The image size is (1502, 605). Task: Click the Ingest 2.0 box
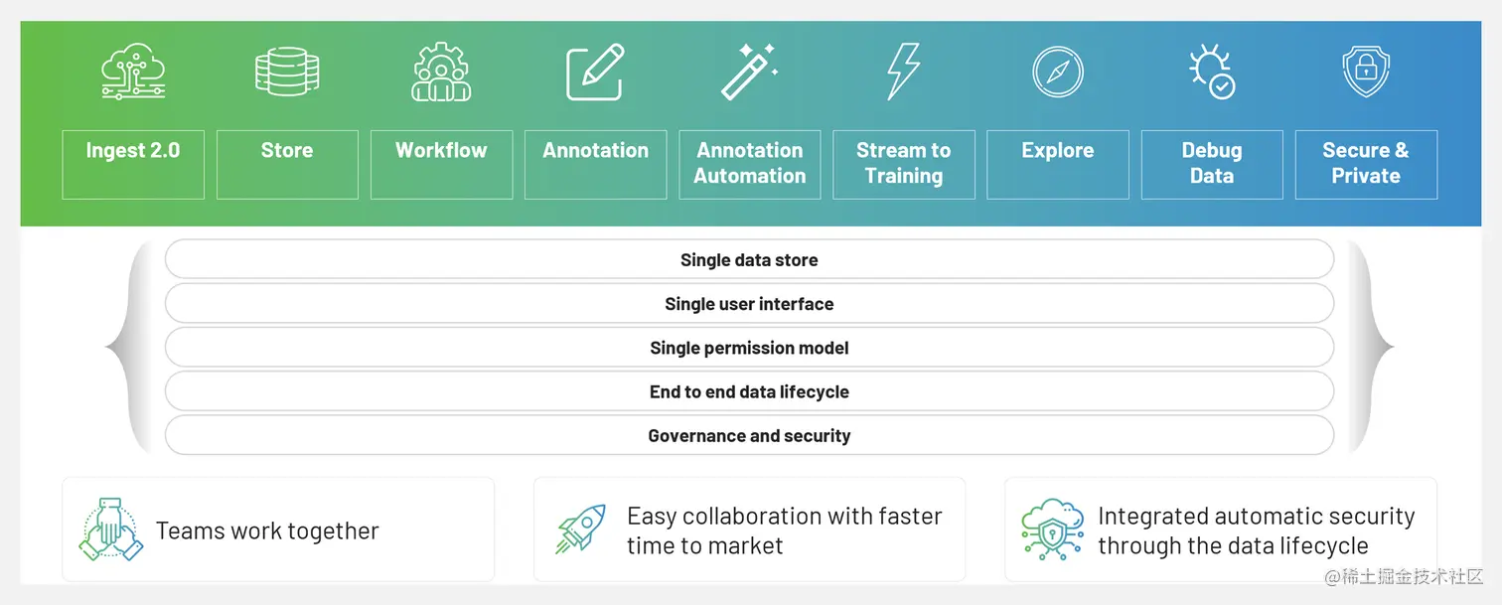[x=133, y=164]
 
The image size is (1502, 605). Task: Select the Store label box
[x=287, y=164]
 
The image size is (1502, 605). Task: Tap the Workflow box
[x=441, y=164]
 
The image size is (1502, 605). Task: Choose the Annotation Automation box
[x=750, y=164]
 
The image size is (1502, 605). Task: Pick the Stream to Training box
[x=904, y=164]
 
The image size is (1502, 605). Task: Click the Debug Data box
[x=1212, y=164]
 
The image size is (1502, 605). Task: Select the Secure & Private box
[x=1366, y=164]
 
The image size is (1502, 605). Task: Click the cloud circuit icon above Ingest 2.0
[x=133, y=72]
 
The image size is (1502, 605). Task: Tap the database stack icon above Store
[x=287, y=72]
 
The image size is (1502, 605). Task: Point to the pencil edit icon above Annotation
[x=595, y=72]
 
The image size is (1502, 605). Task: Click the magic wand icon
[x=750, y=72]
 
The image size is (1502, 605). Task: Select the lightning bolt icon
[x=903, y=72]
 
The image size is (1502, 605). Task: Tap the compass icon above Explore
[x=1057, y=72]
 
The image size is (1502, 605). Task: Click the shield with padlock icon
[x=1366, y=72]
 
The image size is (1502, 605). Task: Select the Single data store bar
[x=749, y=259]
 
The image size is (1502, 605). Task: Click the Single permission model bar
[x=749, y=348]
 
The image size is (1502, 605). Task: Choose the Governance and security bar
[x=749, y=435]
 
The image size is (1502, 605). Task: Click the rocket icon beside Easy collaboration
[x=581, y=529]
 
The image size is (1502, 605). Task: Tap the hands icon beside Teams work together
[x=110, y=529]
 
